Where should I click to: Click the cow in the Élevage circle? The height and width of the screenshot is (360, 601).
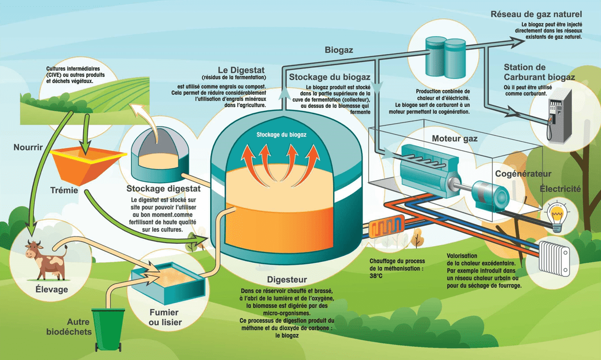pos(45,259)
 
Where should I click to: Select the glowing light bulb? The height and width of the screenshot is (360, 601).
pos(557,216)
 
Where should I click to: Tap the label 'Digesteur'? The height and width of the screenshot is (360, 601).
pos(287,280)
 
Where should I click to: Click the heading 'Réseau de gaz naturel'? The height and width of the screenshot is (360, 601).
pos(536,14)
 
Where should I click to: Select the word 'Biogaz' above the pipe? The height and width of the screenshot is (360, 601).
pos(339,50)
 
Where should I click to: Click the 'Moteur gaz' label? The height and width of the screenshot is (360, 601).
pos(454,139)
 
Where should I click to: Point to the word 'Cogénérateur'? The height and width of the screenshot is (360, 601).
pos(523,174)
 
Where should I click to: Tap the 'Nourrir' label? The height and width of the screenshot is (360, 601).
pos(28,147)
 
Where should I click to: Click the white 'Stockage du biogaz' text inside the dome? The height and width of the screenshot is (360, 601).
pos(281,134)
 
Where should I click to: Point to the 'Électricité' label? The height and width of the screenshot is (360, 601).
pos(560,189)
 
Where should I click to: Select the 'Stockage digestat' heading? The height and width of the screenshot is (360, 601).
pos(163,189)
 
